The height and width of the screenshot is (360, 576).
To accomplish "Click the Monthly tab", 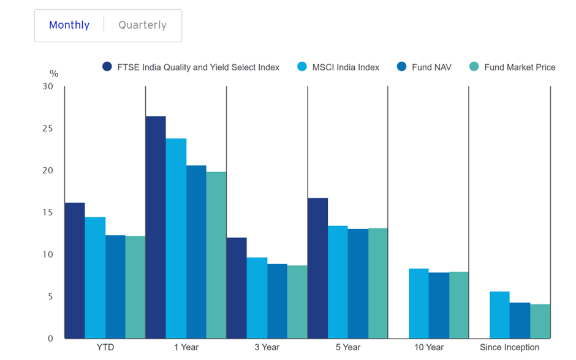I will point(69,25).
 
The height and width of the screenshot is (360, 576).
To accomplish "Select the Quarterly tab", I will point(142,25).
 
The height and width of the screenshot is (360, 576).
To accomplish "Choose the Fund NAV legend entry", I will point(424,67).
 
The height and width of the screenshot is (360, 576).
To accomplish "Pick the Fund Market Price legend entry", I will point(512,67).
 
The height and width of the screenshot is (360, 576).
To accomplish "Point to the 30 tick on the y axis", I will point(48,87).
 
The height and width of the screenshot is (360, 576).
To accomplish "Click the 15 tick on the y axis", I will point(48,213).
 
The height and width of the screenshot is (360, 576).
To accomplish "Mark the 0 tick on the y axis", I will point(51,339).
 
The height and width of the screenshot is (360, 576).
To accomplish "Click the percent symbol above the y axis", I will point(54,74).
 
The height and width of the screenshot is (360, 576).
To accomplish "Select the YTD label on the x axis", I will point(105,347).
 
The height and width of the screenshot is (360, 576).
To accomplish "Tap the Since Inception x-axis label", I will point(509,347).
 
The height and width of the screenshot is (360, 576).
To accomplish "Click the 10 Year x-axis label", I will point(428,347).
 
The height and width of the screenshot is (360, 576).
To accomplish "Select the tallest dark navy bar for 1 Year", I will point(156,227).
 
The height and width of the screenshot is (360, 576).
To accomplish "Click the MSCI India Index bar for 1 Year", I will point(176,239).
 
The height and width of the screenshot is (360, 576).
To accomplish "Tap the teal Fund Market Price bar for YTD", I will point(135,287).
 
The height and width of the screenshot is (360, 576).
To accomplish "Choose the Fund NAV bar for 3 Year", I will point(277,301).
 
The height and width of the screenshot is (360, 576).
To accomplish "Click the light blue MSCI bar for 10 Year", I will point(419,304).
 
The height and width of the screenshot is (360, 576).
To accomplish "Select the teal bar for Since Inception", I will point(540,321).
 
